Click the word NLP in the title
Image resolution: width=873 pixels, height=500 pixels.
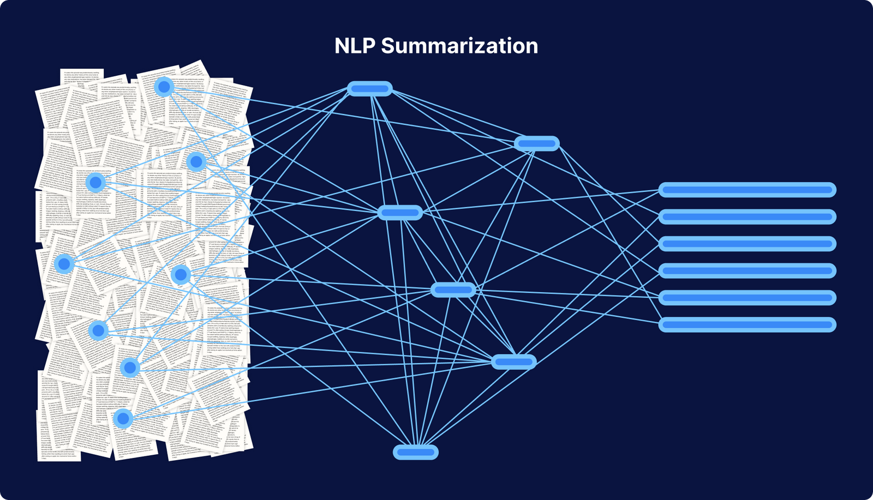click(x=355, y=46)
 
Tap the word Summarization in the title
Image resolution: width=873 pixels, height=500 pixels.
click(x=459, y=46)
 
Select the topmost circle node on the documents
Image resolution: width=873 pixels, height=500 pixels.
click(x=164, y=87)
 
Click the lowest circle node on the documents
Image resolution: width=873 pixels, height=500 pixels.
click(x=123, y=419)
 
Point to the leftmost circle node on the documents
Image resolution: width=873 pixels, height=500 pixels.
click(x=64, y=264)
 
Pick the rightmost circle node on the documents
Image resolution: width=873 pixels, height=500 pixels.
click(x=196, y=161)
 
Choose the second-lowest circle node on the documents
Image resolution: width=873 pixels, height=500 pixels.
click(x=130, y=368)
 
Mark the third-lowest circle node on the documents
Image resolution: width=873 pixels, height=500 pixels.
click(x=98, y=330)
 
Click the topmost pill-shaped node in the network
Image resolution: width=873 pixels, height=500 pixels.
click(x=370, y=88)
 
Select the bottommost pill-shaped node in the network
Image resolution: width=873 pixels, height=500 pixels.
click(x=416, y=452)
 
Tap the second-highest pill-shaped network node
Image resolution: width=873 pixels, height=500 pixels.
click(x=537, y=144)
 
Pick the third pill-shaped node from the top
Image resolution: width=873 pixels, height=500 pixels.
click(x=400, y=213)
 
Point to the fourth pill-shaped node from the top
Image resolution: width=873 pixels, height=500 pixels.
click(x=453, y=290)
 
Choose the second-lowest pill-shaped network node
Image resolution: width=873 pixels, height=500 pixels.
click(x=513, y=362)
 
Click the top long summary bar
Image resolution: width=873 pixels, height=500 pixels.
click(x=747, y=190)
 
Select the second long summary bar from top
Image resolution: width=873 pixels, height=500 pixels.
click(x=747, y=217)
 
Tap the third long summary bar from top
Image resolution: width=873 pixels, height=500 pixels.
click(x=747, y=244)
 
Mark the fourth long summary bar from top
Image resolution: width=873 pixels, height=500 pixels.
click(x=747, y=270)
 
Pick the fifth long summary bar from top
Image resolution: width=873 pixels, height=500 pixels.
click(x=747, y=298)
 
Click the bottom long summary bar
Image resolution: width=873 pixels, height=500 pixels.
click(x=747, y=324)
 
